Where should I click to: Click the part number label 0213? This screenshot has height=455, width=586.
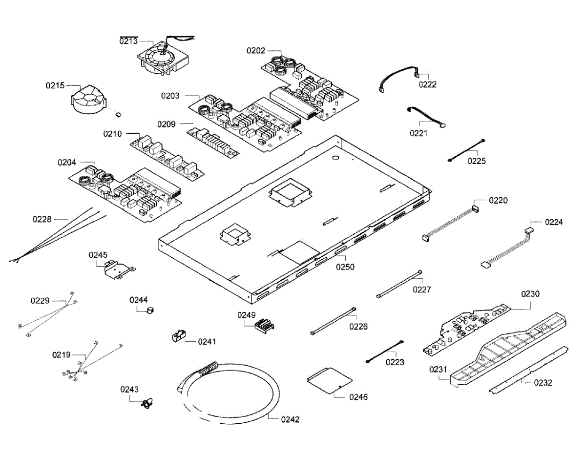129,41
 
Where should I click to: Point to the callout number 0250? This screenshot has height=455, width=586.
345,267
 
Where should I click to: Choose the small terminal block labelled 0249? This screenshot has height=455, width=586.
262,325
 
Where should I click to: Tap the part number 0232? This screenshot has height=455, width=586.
543,383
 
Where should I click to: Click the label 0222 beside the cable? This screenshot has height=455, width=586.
428,84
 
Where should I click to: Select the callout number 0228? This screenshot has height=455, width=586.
42,219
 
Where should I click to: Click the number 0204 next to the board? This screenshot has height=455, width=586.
67,163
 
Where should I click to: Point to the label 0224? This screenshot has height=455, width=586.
554,222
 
